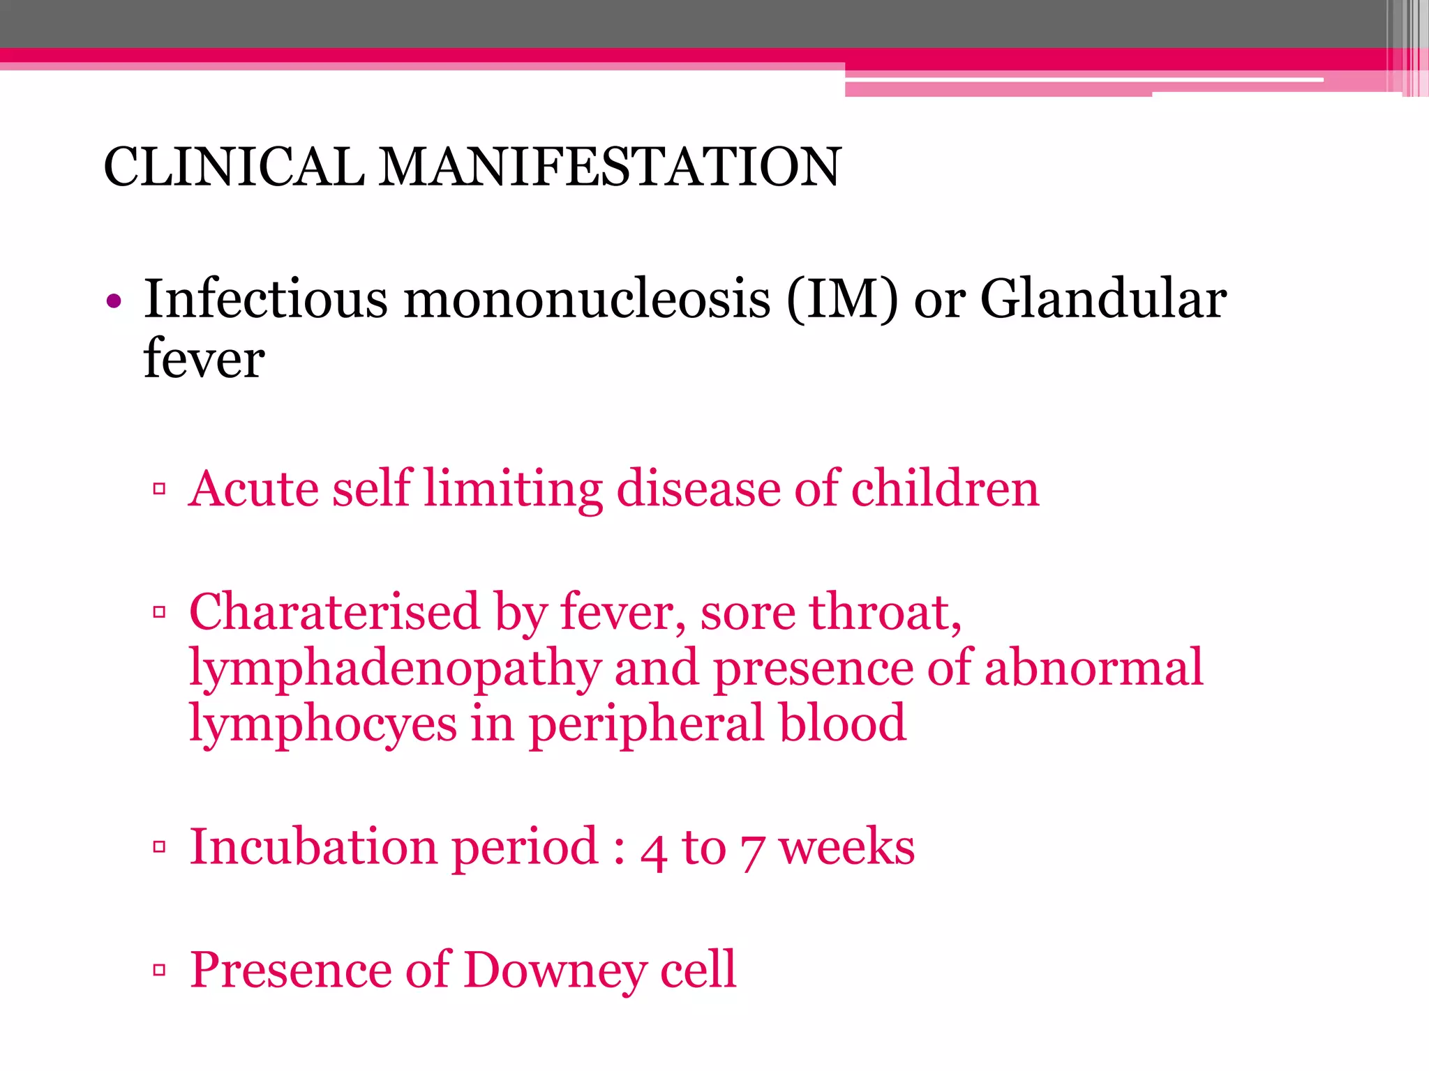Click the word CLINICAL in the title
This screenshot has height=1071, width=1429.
click(x=234, y=167)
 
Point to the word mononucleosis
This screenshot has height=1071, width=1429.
click(x=587, y=300)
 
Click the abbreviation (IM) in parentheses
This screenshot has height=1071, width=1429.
click(x=841, y=300)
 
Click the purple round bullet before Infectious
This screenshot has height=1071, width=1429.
click(x=114, y=302)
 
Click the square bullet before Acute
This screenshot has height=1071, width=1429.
click(x=159, y=489)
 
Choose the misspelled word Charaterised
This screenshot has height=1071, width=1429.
click(x=334, y=612)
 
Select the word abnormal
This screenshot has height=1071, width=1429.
click(x=1093, y=667)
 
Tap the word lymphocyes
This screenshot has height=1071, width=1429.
click(x=323, y=725)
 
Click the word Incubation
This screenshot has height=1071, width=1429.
click(x=314, y=846)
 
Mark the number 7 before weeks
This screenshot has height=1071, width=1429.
click(x=751, y=852)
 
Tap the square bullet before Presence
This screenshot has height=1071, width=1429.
click(x=159, y=970)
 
